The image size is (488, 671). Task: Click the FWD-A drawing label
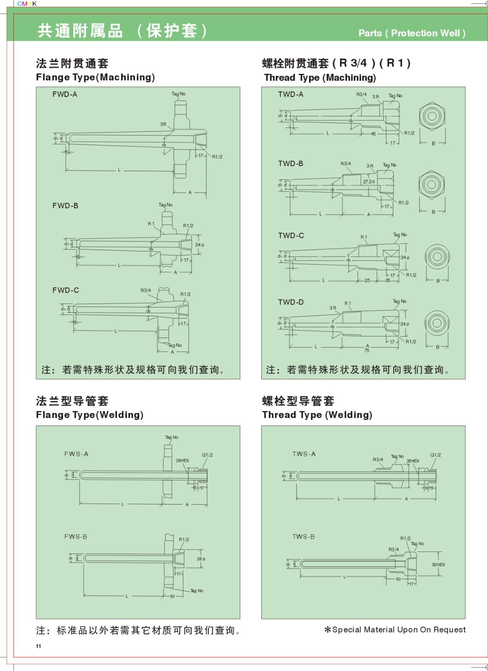(x=65, y=94)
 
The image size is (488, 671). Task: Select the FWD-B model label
(x=65, y=205)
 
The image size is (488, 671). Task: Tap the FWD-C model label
(x=65, y=290)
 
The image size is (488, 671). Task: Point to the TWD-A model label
(x=291, y=94)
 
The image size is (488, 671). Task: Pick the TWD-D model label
(x=291, y=302)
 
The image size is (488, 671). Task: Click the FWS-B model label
(x=75, y=537)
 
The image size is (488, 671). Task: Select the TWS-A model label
(x=304, y=454)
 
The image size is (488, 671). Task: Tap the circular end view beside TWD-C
(x=437, y=257)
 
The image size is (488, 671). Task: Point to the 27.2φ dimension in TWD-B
(x=369, y=182)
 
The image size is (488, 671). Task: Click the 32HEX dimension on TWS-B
(x=438, y=565)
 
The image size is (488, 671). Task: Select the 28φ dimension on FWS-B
(x=201, y=559)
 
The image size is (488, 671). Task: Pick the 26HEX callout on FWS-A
(x=182, y=460)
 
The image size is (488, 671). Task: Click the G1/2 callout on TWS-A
(x=436, y=455)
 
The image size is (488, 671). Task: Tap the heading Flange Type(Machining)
(x=95, y=78)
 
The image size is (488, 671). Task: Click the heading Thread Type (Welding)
(x=317, y=415)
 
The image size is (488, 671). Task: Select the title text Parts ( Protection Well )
(x=412, y=33)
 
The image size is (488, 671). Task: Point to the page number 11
(x=39, y=646)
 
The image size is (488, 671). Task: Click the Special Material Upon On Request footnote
(x=395, y=629)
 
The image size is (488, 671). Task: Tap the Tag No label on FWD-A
(x=178, y=94)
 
